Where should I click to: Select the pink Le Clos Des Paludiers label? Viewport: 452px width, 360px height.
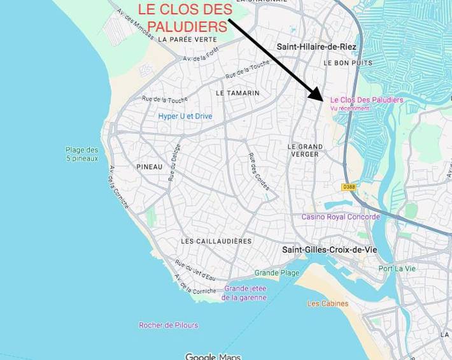coord(367,100)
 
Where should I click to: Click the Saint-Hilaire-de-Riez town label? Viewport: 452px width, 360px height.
coord(316,47)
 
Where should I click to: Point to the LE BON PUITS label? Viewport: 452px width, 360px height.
coord(348,63)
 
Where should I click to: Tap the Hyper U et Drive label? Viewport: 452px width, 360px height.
coord(185,117)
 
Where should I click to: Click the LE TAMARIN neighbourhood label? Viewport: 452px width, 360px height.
coord(237,93)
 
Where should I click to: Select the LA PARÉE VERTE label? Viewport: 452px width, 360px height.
coord(188,39)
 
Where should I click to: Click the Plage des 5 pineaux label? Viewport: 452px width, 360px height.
coord(82,154)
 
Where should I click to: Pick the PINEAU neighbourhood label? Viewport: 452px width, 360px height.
coord(150,167)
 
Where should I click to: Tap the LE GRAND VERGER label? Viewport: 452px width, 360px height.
coord(305,150)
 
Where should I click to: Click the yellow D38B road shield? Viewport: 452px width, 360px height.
coord(348,187)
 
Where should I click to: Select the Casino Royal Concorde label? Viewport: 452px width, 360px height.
coord(341,217)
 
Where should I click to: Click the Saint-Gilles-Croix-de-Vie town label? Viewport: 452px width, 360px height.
coord(329,250)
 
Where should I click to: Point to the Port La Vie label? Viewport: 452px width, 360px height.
coord(397,268)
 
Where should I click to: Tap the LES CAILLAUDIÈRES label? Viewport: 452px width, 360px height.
coord(216,241)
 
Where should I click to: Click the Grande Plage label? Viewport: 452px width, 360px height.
coord(277,273)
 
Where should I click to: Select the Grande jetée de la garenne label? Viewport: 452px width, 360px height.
coord(244,292)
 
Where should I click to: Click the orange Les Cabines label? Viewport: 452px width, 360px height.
coord(328,303)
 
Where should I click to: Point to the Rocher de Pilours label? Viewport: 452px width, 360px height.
coord(169,325)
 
